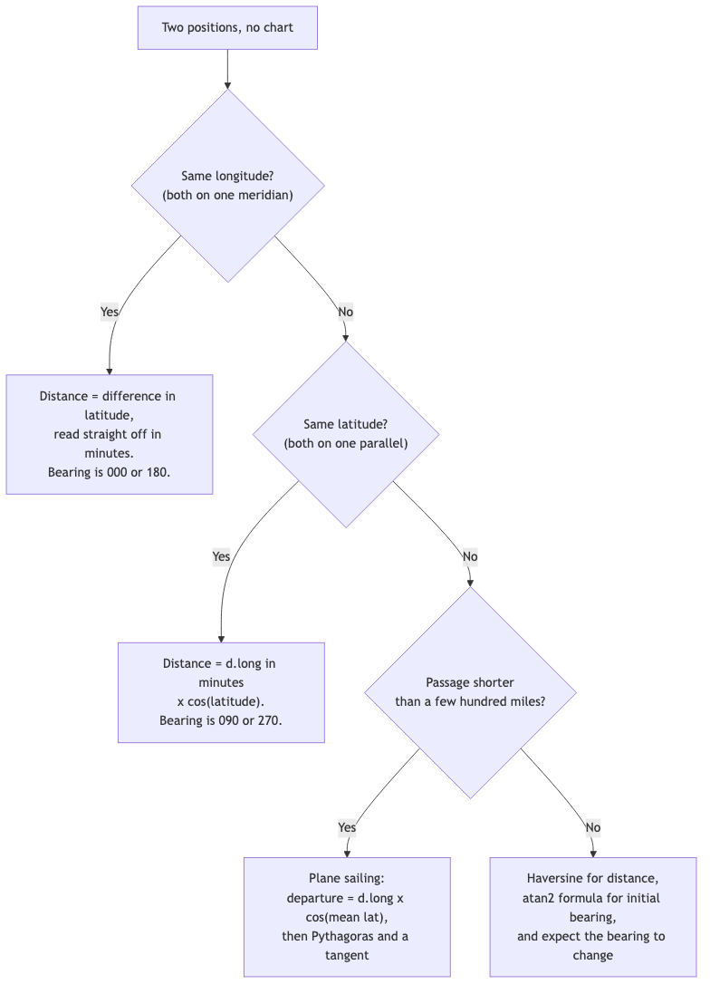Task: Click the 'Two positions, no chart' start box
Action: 227,28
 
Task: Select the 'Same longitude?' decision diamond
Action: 228,186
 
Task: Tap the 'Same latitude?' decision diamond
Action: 346,434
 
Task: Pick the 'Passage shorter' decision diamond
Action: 470,692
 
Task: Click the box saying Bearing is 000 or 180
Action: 110,434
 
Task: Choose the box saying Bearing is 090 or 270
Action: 221,692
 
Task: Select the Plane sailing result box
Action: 347,917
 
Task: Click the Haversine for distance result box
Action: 593,917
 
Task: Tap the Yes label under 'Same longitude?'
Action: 110,312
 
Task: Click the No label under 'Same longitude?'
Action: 345,312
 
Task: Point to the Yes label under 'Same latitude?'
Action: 221,556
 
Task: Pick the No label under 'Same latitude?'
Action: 470,556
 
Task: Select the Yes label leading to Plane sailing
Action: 347,827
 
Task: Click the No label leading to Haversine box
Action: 593,827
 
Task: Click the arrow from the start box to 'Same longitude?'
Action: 227,69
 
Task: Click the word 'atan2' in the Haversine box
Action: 538,898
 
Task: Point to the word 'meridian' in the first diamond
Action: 265,195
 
